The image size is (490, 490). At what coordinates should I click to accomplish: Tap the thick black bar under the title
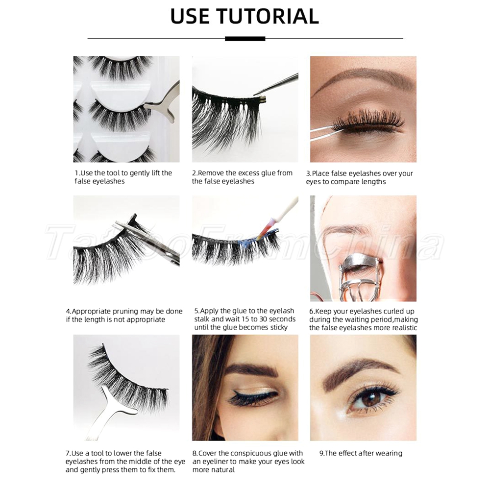click(245, 39)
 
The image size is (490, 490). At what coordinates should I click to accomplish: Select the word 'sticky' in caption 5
click(279, 328)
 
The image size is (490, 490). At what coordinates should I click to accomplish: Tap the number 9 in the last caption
click(321, 453)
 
